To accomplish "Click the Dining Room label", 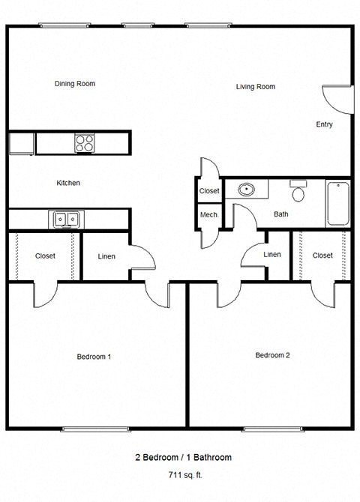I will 75,84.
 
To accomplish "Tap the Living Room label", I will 255,87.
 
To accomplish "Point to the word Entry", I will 324,124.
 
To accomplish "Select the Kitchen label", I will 68,183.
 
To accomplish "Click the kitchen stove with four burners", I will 84,142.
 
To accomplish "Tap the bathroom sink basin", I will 246,190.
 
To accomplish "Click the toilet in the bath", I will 298,193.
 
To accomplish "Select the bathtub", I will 337,202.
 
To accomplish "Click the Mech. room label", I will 209,215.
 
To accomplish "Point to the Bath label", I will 280,214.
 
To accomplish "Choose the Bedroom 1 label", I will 94,357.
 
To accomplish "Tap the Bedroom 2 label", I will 272,355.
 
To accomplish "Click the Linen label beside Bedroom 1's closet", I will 106,256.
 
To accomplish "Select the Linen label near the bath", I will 272,255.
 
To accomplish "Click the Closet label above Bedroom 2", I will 322,255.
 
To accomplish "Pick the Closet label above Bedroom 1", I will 45,256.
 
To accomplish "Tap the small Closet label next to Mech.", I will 209,191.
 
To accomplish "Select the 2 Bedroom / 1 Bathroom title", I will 182,457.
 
